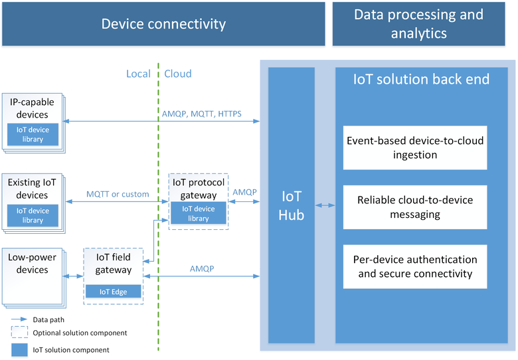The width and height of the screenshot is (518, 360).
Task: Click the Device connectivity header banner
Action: click(163, 25)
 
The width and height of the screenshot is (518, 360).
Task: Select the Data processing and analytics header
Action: click(418, 25)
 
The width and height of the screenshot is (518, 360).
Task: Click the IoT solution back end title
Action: click(422, 80)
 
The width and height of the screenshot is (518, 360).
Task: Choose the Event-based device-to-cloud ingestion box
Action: click(415, 147)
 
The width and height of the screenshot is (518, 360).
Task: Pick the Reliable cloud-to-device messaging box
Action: click(415, 207)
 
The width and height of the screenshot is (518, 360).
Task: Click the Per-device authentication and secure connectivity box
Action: click(415, 266)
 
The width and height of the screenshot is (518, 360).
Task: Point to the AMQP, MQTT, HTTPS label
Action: click(201, 114)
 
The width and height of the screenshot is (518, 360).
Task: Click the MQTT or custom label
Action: click(117, 194)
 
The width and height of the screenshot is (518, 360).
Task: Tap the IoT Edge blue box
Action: click(113, 291)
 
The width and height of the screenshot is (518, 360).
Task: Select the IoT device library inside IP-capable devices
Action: click(33, 134)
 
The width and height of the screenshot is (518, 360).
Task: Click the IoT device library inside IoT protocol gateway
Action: click(198, 213)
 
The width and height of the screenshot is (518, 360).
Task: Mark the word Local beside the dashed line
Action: click(138, 74)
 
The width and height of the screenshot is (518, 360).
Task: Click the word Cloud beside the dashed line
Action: click(178, 74)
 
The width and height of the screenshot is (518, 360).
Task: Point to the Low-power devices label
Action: click(28, 263)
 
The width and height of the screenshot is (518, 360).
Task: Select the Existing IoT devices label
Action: click(28, 188)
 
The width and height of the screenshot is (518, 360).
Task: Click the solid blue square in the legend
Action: click(20, 349)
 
